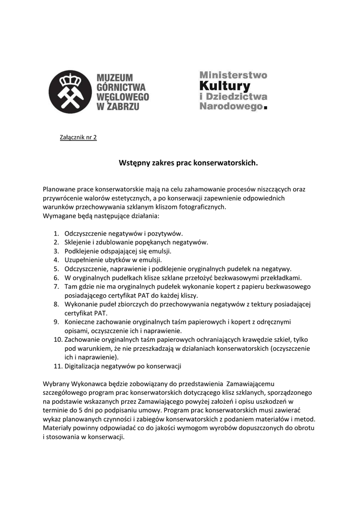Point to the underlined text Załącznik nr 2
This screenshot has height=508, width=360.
click(x=78, y=137)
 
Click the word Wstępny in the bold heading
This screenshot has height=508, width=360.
click(x=134, y=162)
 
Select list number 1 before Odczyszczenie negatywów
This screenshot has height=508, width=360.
click(x=56, y=233)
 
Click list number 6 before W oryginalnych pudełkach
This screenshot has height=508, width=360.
click(x=56, y=278)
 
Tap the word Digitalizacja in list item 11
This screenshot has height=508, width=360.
click(x=82, y=367)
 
